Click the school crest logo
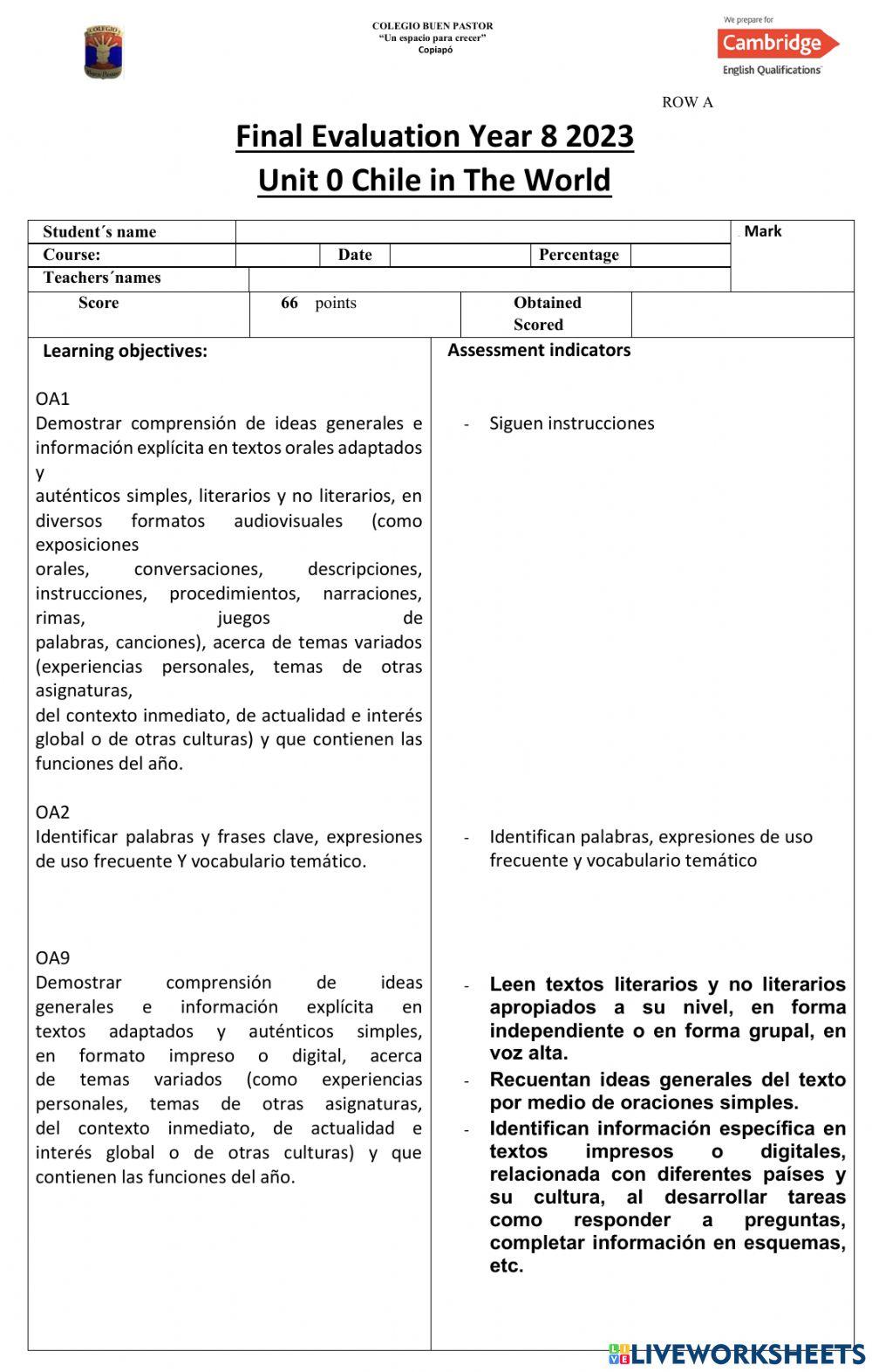click(104, 52)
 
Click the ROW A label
click(687, 102)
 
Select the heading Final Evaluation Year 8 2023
click(434, 137)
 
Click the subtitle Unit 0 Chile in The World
click(434, 181)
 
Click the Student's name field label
click(99, 232)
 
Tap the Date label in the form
click(355, 255)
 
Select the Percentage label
click(579, 255)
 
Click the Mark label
click(762, 231)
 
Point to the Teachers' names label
click(102, 278)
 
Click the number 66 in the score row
click(290, 303)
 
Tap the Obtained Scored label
click(547, 313)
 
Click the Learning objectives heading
click(125, 351)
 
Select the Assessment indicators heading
click(539, 350)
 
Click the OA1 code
click(52, 399)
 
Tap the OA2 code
click(52, 813)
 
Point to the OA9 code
click(52, 958)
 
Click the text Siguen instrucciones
click(571, 423)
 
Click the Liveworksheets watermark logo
click(737, 1354)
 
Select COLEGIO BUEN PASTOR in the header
click(433, 26)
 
